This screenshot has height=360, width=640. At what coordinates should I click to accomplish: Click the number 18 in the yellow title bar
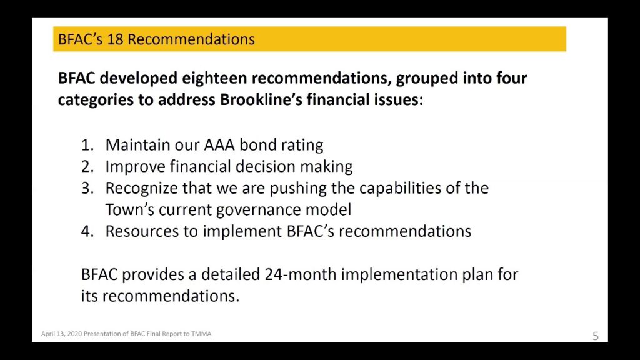click(115, 39)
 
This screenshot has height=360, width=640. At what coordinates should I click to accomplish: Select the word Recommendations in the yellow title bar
click(191, 39)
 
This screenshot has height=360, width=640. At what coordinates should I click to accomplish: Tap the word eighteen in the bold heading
click(214, 78)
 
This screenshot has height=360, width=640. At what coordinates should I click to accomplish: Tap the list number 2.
click(87, 166)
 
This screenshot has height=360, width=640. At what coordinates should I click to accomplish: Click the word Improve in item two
click(135, 167)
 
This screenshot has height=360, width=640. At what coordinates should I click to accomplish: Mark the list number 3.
click(87, 188)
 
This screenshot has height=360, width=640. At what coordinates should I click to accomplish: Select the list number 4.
click(87, 231)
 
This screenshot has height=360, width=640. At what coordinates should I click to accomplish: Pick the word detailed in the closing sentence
click(231, 274)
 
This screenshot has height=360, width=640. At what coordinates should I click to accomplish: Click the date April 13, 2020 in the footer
click(61, 334)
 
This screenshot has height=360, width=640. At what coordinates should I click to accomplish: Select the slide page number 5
click(596, 336)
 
